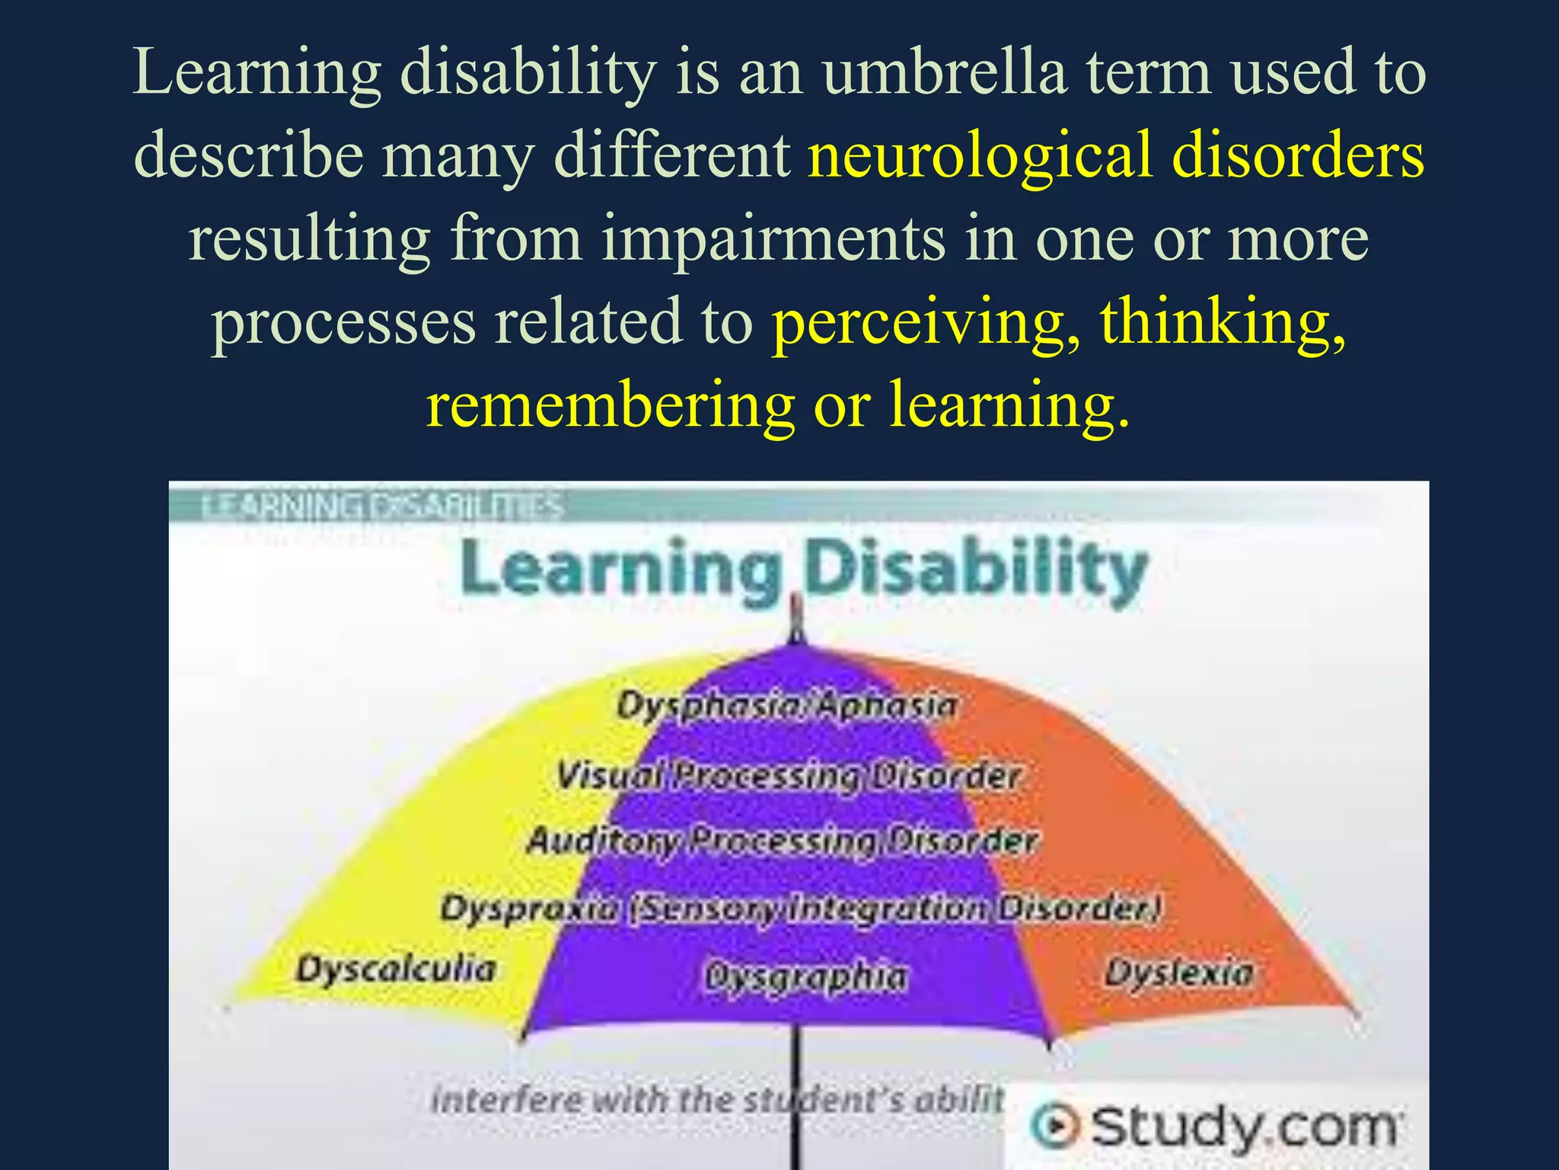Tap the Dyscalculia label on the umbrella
(396, 970)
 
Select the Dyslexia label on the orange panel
(1178, 973)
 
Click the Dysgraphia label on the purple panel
(806, 977)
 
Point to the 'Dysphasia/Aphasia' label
(786, 705)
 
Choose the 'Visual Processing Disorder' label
(788, 776)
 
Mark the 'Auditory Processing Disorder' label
(783, 841)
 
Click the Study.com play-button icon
(1054, 1127)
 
